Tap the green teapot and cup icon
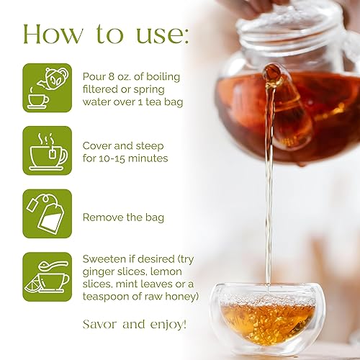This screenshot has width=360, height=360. point(48,87)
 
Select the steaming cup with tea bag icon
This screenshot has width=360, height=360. point(48,150)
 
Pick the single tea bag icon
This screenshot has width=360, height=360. point(48,213)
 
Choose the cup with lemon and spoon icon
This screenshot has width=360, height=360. point(48,276)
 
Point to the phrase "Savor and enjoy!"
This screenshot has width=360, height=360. point(135,324)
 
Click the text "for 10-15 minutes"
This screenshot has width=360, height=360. point(125,158)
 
